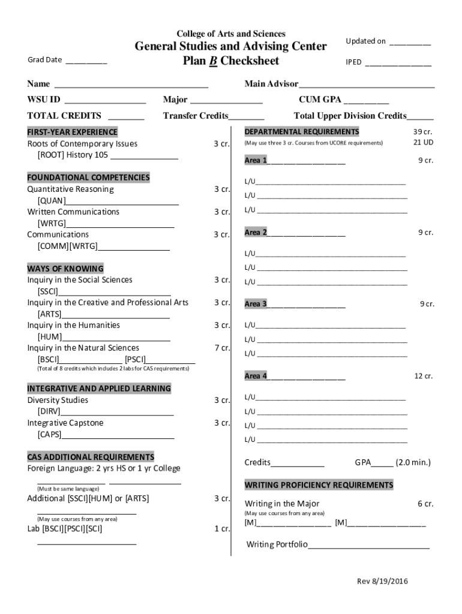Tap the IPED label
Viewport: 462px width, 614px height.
point(353,62)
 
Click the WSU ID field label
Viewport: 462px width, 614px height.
point(44,100)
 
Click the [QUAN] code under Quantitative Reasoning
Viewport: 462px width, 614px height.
point(52,201)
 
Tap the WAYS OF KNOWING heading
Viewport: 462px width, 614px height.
point(65,269)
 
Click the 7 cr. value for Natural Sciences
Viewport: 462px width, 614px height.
point(222,348)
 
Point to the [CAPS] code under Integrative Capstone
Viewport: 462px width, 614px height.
point(49,434)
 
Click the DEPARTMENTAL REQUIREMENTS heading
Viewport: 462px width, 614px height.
point(302,132)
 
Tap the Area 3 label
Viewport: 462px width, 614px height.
point(256,304)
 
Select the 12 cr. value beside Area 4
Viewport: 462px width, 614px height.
point(424,376)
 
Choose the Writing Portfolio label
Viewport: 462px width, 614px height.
point(277,544)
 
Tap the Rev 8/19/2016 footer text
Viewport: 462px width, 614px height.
point(382,582)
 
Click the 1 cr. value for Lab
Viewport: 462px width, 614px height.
point(222,529)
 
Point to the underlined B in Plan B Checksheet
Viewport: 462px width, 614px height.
point(212,61)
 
